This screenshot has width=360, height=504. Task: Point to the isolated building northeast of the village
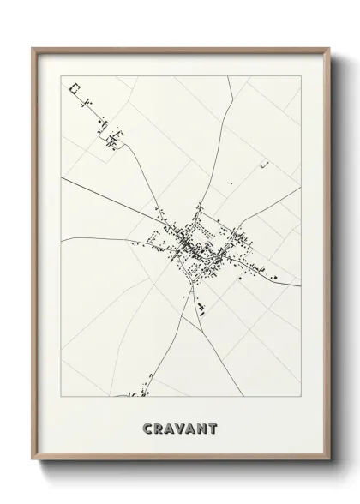coord(267,164)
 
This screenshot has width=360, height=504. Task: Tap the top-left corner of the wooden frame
coord(33,48)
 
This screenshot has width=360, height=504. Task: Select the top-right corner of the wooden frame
coord(327,48)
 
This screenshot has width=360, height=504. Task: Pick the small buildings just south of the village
coord(201,307)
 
